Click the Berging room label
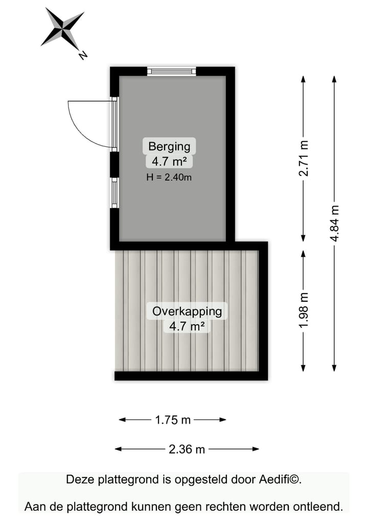169,146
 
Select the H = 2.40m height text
169,177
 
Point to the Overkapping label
187,311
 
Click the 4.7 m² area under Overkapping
187,326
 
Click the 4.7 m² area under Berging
169,162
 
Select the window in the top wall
172,71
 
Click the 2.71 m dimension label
304,159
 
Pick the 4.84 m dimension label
334,223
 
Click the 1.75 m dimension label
172,420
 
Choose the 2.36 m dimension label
187,449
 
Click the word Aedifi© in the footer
280,480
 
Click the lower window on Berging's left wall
114,192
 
